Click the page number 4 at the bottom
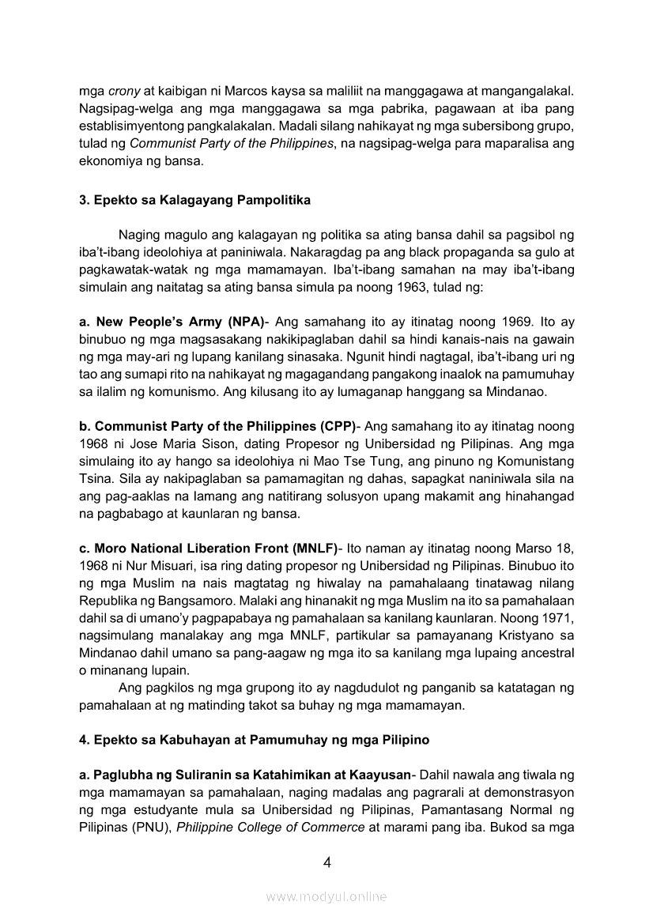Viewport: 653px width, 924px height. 326,862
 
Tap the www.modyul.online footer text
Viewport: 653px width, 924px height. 326,897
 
